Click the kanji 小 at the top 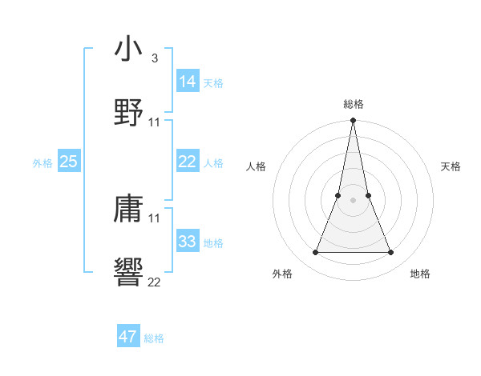point(128,49)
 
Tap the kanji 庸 point(128,209)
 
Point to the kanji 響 point(128,272)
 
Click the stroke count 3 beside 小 point(155,58)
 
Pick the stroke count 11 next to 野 point(155,122)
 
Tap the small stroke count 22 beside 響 point(155,282)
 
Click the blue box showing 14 point(188,82)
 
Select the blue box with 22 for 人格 point(188,162)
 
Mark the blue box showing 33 point(188,242)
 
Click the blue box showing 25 point(69,162)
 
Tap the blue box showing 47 point(128,337)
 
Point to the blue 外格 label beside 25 point(42,163)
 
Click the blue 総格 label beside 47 point(154,338)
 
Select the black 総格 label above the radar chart point(354,105)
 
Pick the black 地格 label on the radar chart point(420,274)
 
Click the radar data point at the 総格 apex point(354,122)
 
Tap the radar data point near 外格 point(315,253)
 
